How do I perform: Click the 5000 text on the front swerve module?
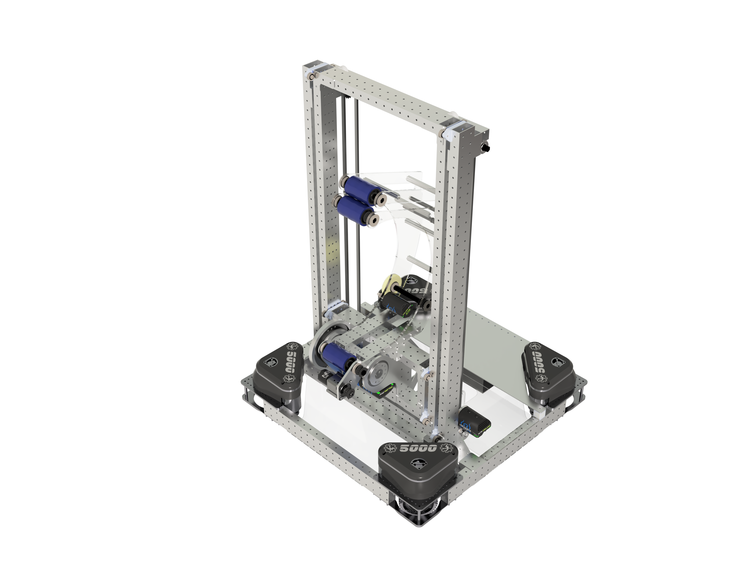[x=418, y=448]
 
